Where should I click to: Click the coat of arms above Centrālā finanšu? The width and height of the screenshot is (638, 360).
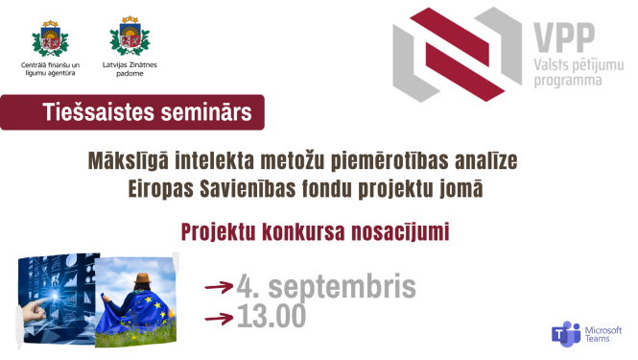tap(51, 37)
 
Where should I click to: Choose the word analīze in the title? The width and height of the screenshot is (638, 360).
tap(489, 156)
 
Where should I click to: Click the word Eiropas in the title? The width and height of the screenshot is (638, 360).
tap(166, 189)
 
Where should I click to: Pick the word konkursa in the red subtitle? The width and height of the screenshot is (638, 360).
tap(318, 232)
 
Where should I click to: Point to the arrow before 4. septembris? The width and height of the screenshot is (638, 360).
tap(220, 286)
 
